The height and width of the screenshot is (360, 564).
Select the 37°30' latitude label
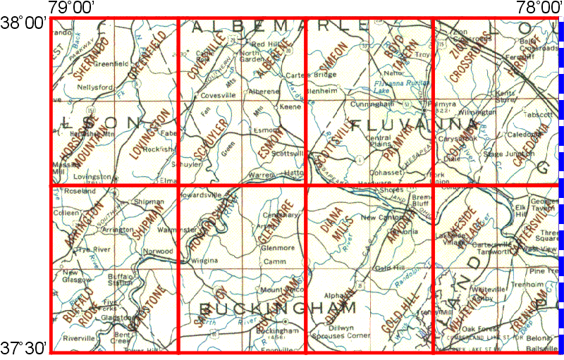pos(24,347)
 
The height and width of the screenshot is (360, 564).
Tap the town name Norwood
pos(158,251)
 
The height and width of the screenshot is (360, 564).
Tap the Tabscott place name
pos(537,114)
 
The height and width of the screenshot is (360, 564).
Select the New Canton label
pos(380,218)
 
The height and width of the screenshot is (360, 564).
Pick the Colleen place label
pos(66,213)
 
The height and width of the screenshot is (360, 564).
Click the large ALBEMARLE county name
pos(280,26)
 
